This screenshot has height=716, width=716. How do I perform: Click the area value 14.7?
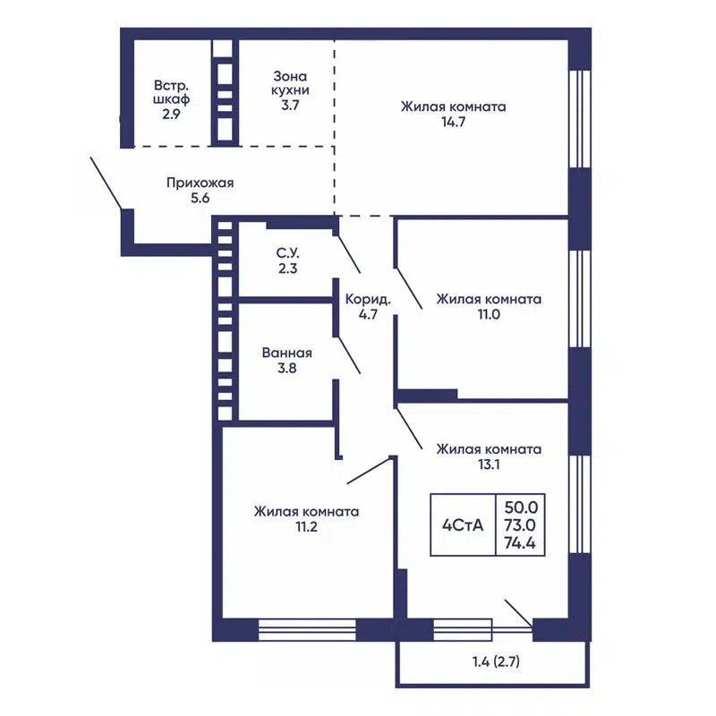[x=453, y=122]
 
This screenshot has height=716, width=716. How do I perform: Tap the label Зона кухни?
[x=290, y=83]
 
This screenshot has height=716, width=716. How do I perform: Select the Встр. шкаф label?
[x=171, y=92]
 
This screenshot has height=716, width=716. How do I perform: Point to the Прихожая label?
[x=200, y=183]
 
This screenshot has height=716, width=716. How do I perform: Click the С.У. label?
[x=287, y=253]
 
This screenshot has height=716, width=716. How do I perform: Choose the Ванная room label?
[x=287, y=353]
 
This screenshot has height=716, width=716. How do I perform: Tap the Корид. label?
[x=368, y=300]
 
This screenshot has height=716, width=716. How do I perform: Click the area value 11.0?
[x=489, y=314]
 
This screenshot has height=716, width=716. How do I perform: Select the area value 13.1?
[x=489, y=464]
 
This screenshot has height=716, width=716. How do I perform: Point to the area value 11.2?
[x=306, y=526]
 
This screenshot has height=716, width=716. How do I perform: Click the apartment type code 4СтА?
[x=463, y=525]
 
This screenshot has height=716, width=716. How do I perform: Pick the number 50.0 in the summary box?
[x=521, y=507]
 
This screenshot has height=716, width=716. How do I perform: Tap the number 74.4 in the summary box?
[x=520, y=543]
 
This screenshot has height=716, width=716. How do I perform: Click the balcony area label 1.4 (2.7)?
[x=496, y=661]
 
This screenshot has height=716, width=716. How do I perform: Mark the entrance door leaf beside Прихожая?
[x=106, y=183]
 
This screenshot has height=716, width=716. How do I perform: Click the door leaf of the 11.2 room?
[x=368, y=471]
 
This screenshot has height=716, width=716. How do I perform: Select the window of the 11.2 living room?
[x=307, y=630]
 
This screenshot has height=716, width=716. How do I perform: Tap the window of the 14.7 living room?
[x=579, y=119]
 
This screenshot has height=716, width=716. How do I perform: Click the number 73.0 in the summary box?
[x=520, y=525]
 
